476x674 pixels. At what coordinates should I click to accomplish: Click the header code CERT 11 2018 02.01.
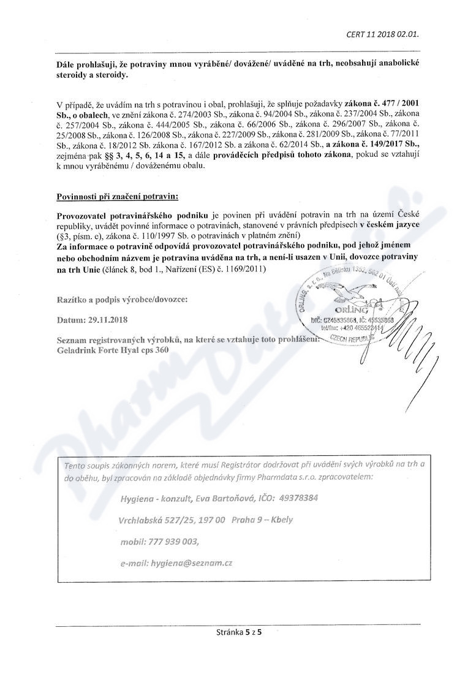(x=382, y=34)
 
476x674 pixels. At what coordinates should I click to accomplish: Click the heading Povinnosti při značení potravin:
(x=117, y=196)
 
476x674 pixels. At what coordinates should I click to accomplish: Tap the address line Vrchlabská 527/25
(x=154, y=520)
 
